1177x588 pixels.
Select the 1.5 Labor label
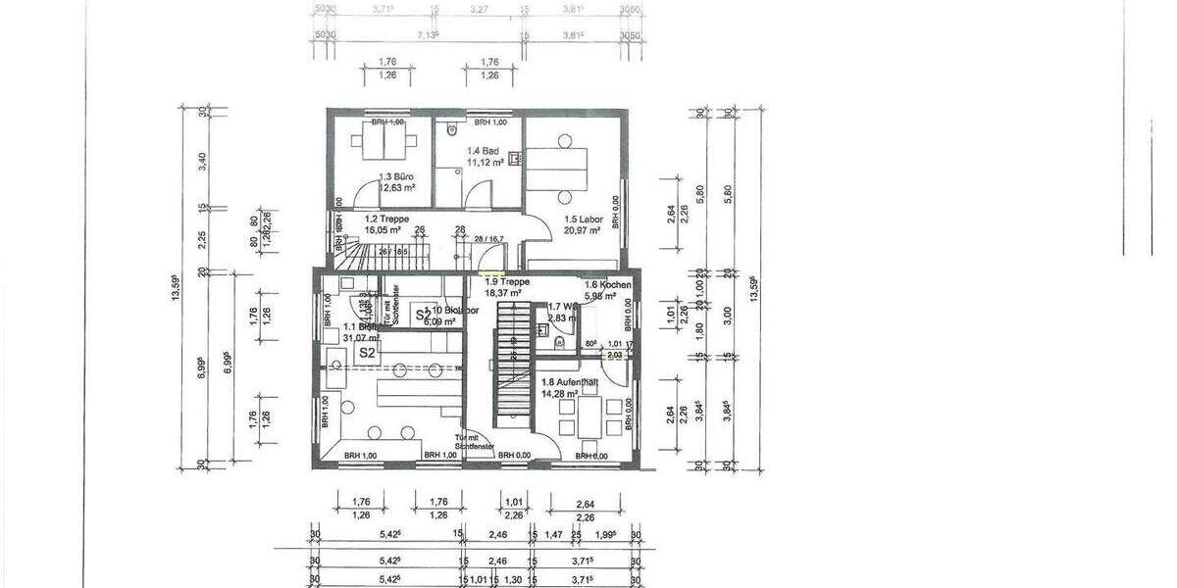coord(583,220)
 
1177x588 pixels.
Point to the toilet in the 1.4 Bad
coord(449,127)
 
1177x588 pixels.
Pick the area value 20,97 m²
coord(583,230)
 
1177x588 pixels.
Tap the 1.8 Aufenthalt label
coord(571,383)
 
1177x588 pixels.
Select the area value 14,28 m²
coord(561,394)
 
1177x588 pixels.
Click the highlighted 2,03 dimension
coord(615,355)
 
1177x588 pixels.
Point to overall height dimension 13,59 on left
coord(176,289)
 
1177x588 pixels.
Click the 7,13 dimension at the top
coord(427,34)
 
